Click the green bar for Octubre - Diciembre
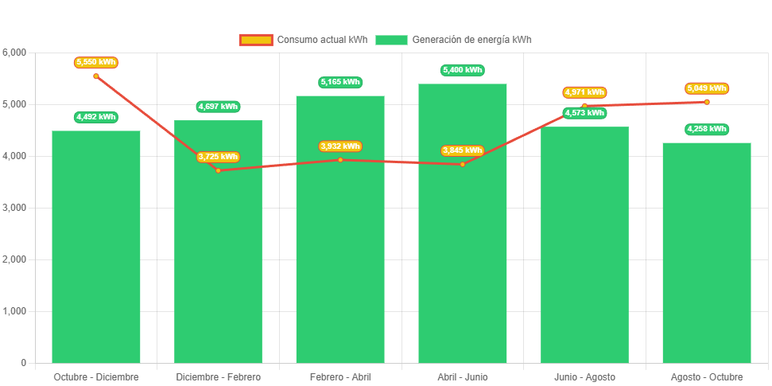click(x=96, y=247)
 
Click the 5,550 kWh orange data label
click(x=96, y=62)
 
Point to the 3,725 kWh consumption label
click(x=218, y=157)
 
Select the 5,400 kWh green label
click(x=463, y=70)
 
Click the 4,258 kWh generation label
click(x=707, y=129)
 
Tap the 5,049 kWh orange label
click(x=707, y=88)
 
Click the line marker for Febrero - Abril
click(x=340, y=160)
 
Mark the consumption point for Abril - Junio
click(x=463, y=164)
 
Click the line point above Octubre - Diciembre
click(x=96, y=76)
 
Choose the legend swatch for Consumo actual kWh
click(x=256, y=40)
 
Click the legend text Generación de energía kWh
click(x=472, y=40)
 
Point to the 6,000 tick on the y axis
click(x=15, y=53)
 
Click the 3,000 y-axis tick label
click(x=15, y=208)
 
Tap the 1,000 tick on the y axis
click(x=15, y=311)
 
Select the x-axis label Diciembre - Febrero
click(x=218, y=376)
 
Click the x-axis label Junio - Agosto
click(x=584, y=376)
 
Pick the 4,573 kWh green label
click(x=584, y=113)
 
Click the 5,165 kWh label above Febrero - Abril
click(x=340, y=82)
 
